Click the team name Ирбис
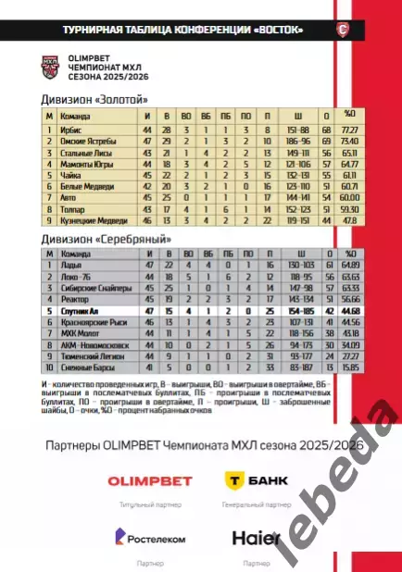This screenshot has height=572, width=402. pos(70,131)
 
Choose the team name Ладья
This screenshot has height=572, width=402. pos(70,266)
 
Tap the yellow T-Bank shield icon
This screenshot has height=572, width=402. pos(235,479)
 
